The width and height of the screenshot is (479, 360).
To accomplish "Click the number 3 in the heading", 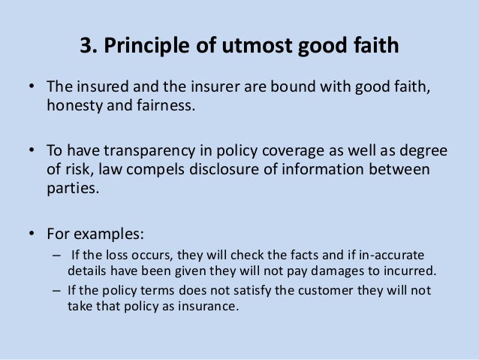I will (85, 48).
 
